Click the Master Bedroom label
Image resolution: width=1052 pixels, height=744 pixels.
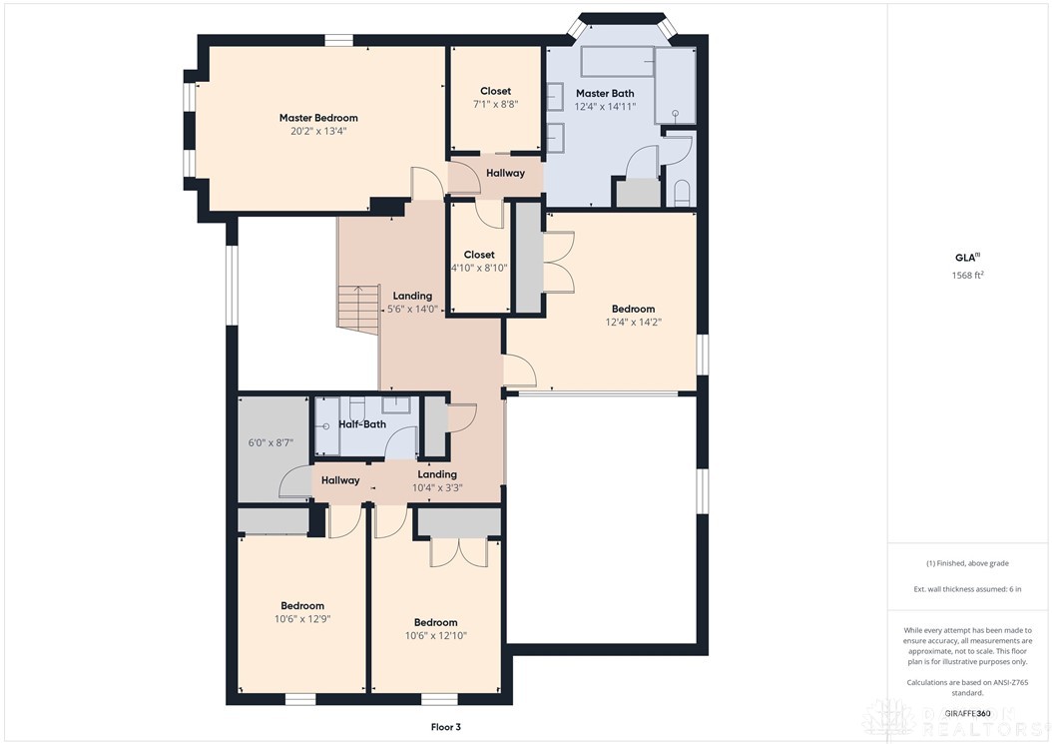tap(318, 118)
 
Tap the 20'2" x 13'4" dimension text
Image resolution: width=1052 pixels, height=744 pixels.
tap(318, 131)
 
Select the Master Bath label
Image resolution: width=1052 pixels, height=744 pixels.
tap(605, 93)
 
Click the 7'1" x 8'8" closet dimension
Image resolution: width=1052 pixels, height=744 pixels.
tap(495, 104)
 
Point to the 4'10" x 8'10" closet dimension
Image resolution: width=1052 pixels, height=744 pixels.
tap(479, 268)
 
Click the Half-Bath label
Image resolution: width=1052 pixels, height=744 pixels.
tap(361, 424)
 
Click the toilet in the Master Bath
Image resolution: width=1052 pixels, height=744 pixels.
tap(683, 192)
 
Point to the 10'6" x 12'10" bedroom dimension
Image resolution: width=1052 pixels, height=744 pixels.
tap(436, 635)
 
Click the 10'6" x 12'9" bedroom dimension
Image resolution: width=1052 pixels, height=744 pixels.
tap(301, 619)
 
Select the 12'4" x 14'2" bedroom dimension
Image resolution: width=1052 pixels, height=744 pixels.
tap(633, 323)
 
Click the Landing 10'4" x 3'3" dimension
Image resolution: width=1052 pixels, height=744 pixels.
tap(437, 487)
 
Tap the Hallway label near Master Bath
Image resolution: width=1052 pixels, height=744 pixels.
tap(505, 173)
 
